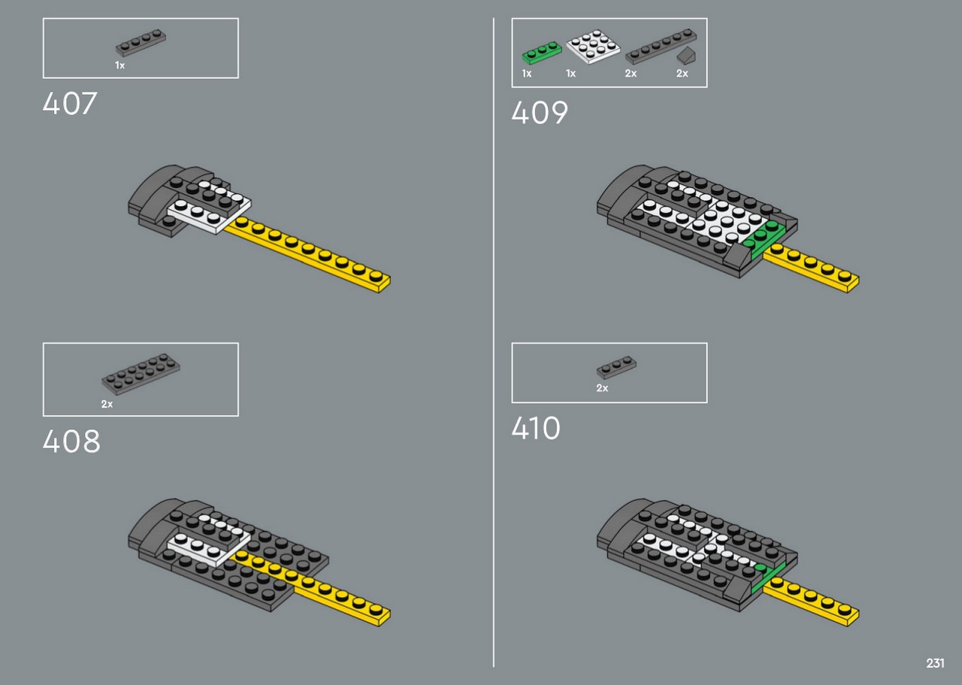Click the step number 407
70,104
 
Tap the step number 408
71,441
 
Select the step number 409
540,113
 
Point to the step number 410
536,428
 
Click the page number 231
935,663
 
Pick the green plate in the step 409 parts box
542,53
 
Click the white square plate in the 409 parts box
593,46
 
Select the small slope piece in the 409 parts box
687,56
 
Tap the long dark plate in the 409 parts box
661,47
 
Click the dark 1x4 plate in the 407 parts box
141,43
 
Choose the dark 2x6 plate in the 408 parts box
141,374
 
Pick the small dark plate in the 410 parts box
617,368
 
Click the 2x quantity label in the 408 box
107,404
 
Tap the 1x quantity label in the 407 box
119,65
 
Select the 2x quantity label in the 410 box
602,388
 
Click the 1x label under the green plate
527,74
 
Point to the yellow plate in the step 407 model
307,254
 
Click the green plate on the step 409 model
764,240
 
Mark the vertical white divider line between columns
494,343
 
